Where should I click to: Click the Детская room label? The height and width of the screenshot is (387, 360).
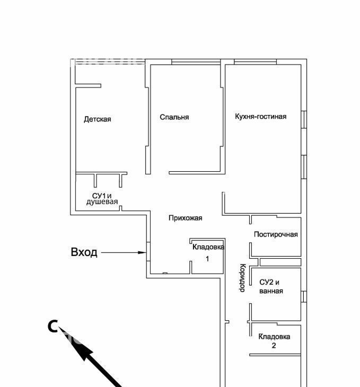97,119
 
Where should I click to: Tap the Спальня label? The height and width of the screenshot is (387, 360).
174,117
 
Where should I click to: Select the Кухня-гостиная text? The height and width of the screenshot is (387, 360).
260,116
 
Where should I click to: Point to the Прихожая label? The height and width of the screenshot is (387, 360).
185,218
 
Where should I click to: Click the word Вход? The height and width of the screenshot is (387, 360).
84,252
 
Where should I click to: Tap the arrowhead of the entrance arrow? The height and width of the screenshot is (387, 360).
142,252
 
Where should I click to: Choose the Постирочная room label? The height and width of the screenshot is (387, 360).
276,234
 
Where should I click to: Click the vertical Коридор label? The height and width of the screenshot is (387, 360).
242,278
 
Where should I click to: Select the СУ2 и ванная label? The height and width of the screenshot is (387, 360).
271,287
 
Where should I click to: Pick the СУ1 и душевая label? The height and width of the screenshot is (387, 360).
102,199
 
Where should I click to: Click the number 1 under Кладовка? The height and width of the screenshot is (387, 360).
207,259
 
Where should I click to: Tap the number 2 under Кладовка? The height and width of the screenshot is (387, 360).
274,345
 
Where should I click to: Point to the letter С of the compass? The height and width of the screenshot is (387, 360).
52,326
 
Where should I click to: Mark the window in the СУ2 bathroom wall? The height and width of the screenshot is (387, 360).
304,296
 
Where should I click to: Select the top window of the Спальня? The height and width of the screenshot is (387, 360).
196,62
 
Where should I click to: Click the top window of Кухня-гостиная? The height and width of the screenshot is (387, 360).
255,62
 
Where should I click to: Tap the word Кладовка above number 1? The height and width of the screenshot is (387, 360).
208,247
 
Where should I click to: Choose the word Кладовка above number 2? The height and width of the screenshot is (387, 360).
274,337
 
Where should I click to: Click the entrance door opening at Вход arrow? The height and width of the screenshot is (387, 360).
148,251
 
